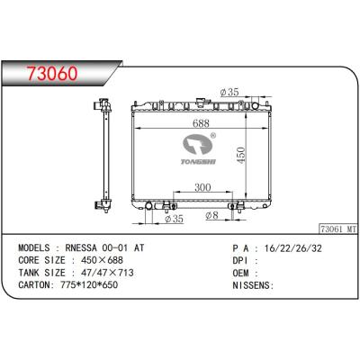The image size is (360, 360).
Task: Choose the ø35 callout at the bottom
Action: (175, 218)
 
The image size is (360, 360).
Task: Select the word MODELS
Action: (35, 245)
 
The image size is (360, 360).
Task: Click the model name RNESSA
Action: (85, 245)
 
